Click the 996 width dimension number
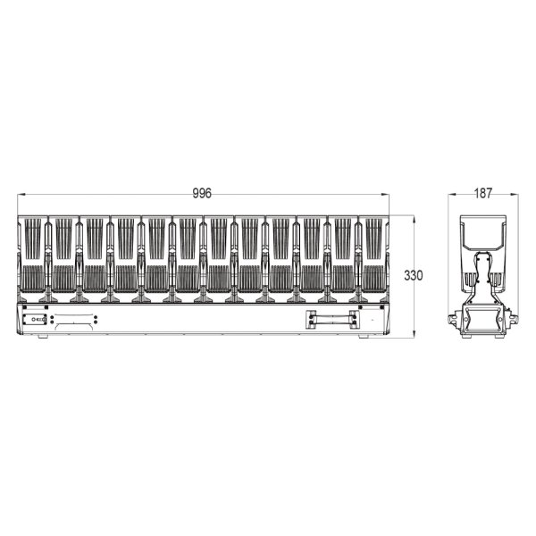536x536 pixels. point(202,194)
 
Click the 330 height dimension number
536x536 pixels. point(414,275)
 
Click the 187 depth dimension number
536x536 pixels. point(483,194)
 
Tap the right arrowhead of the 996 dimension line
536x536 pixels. point(385,195)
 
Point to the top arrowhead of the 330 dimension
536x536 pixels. point(414,219)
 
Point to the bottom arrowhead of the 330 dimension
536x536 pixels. point(414,334)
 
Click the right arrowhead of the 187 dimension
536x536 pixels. point(515,195)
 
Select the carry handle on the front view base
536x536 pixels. point(332,320)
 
